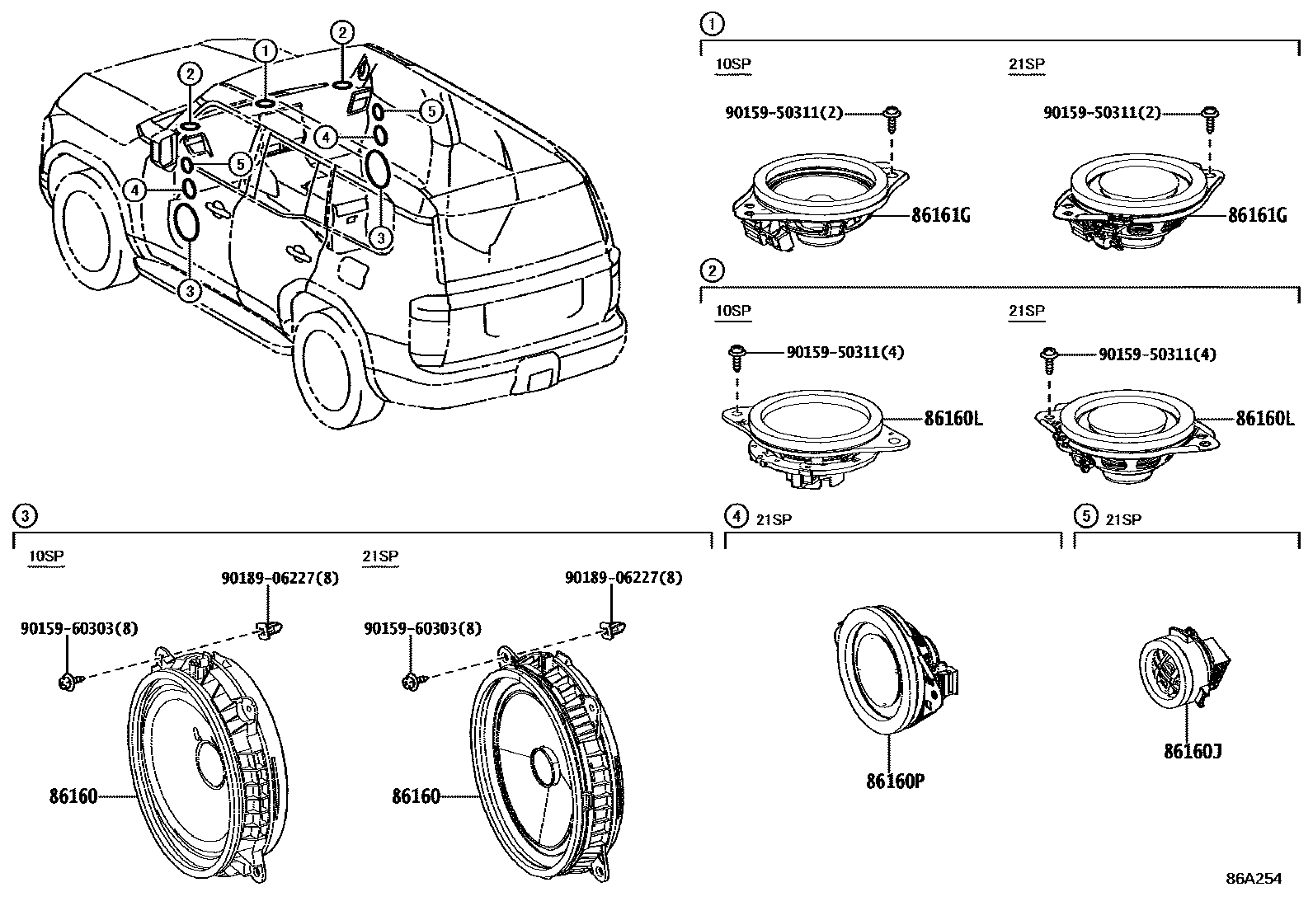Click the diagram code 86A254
point(1253,879)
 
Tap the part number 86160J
point(1193,751)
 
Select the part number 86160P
point(895,780)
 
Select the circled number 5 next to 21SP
point(1085,516)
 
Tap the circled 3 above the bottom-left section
point(26,516)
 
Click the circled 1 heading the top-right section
point(712,24)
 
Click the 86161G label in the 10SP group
point(940,215)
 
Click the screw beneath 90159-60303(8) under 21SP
point(411,680)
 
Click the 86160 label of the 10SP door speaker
point(73,796)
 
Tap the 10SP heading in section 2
point(733,311)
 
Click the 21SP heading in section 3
point(379,556)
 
